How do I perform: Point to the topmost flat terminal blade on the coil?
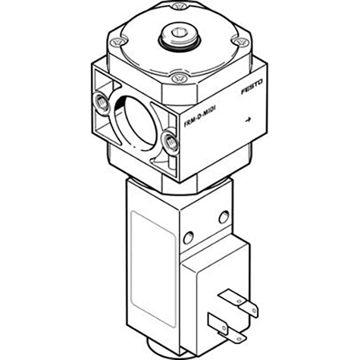tap(230, 291)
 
